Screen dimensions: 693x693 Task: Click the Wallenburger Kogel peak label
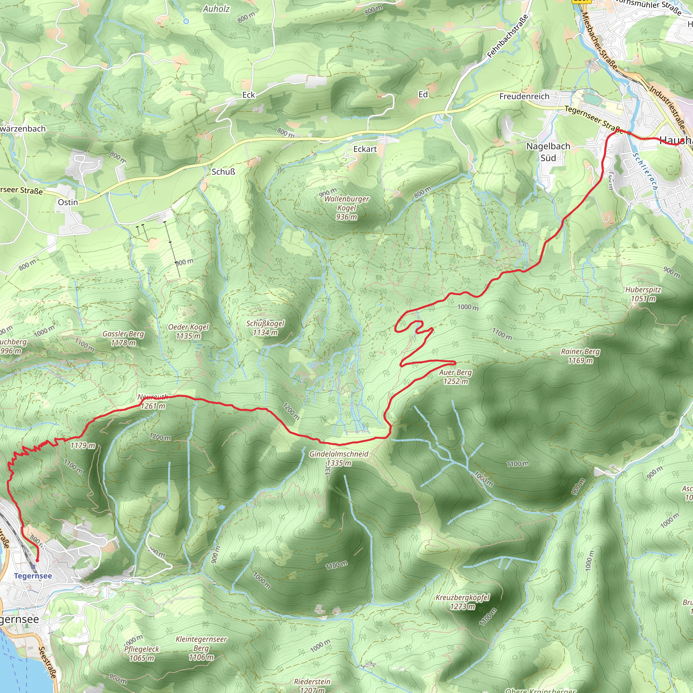pyautogui.click(x=346, y=208)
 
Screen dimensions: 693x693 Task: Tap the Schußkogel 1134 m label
pyautogui.click(x=265, y=328)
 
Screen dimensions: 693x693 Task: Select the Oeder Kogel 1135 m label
pyautogui.click(x=188, y=331)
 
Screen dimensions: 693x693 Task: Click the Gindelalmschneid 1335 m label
pyautogui.click(x=339, y=458)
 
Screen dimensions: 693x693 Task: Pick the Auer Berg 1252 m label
pyautogui.click(x=455, y=377)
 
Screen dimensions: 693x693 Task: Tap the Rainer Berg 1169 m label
pyautogui.click(x=580, y=356)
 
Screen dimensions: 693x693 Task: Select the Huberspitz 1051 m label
pyautogui.click(x=643, y=294)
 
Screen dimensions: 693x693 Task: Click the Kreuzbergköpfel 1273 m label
pyautogui.click(x=462, y=602)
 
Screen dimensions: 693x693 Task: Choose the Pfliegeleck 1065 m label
pyautogui.click(x=142, y=653)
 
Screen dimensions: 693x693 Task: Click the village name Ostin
pyautogui.click(x=68, y=202)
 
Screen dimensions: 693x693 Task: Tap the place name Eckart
pyautogui.click(x=365, y=149)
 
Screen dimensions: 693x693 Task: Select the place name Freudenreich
pyautogui.click(x=524, y=96)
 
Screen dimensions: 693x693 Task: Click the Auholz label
pyautogui.click(x=216, y=9)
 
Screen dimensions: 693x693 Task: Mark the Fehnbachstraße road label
pyautogui.click(x=508, y=36)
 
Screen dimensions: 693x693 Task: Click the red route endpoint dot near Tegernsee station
pyautogui.click(x=37, y=560)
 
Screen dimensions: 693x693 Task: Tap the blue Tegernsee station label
pyautogui.click(x=33, y=576)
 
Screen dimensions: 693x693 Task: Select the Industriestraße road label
pyautogui.click(x=668, y=107)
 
